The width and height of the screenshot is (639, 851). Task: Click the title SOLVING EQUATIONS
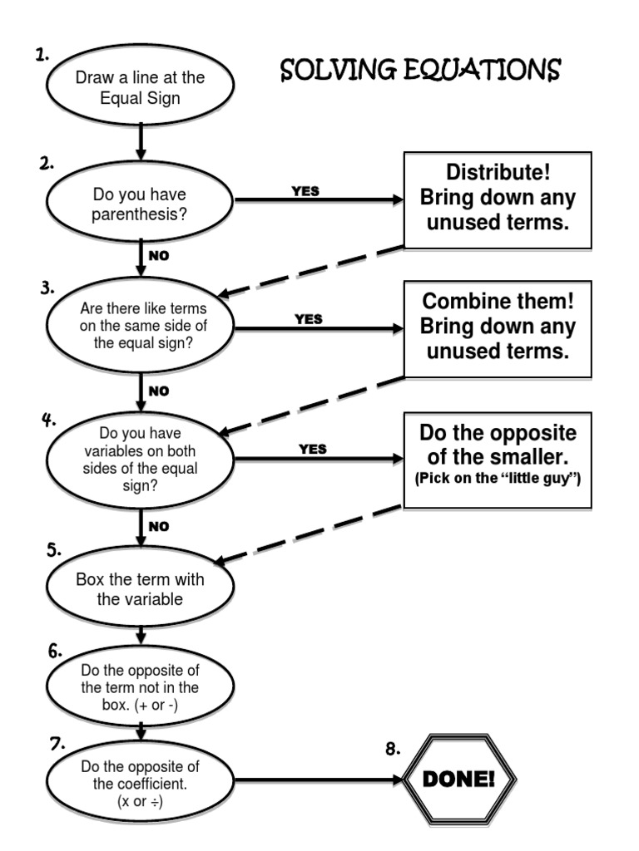(x=420, y=71)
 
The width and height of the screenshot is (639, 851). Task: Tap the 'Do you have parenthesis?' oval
(x=140, y=204)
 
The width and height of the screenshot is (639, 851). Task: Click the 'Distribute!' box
(x=498, y=199)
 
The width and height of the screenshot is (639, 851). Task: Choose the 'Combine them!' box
(x=498, y=327)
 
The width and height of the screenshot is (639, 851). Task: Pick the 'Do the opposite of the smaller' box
(x=498, y=458)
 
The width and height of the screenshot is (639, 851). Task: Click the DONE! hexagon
(x=459, y=780)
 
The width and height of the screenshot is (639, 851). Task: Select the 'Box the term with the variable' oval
(x=140, y=589)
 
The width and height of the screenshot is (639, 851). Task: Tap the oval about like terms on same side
(x=140, y=327)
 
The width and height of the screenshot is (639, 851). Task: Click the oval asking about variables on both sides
(x=140, y=460)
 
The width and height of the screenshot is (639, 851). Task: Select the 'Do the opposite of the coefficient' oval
(x=140, y=780)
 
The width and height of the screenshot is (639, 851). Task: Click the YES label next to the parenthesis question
(x=305, y=191)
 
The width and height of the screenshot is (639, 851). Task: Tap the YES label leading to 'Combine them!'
(x=308, y=318)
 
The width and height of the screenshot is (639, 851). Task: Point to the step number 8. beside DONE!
(x=392, y=750)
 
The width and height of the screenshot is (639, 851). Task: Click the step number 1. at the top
(x=42, y=55)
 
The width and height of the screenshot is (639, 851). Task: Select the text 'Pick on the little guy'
(x=497, y=480)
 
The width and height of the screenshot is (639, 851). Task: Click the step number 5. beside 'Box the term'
(x=53, y=549)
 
